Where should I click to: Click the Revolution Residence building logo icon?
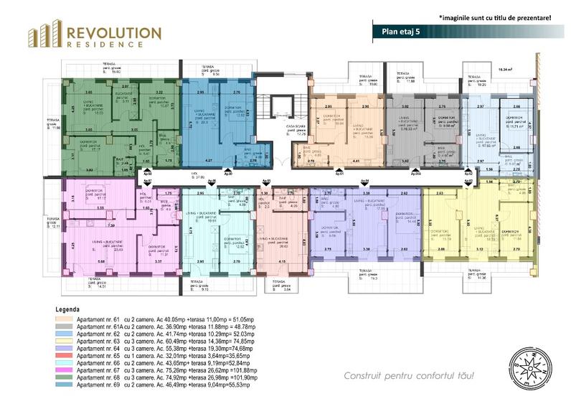coord(44,34)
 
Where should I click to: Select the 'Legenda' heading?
coord(67,309)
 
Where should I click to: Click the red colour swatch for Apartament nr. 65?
coord(66,355)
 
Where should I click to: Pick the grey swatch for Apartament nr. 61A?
coord(66,326)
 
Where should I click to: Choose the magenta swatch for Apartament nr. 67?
coord(66,370)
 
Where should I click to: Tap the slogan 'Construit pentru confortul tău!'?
coord(409,376)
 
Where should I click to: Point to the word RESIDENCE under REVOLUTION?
coord(112,44)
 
